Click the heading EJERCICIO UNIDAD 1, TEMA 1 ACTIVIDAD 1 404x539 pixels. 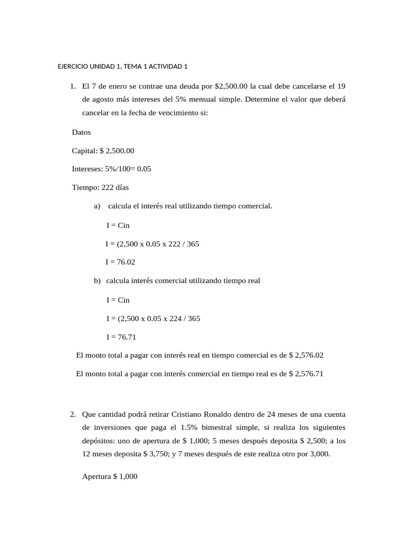click(122, 67)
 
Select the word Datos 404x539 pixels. click(82, 133)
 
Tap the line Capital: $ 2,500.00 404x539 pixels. click(103, 151)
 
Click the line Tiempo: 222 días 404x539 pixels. click(100, 187)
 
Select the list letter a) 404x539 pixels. click(97, 206)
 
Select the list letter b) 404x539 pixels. click(97, 281)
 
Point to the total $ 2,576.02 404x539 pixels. click(306, 355)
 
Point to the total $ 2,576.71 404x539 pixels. click(306, 374)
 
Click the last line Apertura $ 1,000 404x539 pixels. click(110, 476)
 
